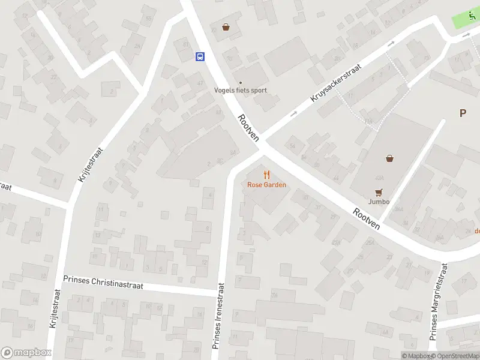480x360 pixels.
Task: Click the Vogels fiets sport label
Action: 241,91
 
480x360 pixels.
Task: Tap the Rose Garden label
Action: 266,185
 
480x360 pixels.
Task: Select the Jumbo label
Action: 379,202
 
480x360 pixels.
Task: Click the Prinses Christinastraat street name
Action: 103,282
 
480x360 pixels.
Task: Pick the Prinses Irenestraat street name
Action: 217,316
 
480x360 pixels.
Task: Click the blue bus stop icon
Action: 199,57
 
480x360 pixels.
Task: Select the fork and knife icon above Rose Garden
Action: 266,175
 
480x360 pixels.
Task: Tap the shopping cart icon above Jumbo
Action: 378,192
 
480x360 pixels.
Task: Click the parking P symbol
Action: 463,113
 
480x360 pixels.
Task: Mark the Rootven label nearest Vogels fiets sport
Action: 248,127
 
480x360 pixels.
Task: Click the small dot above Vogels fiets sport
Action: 241,83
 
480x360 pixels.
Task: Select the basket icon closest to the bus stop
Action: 226,27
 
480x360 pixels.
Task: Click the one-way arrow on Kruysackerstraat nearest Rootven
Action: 293,114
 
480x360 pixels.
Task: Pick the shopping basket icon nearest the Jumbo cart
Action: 390,158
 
